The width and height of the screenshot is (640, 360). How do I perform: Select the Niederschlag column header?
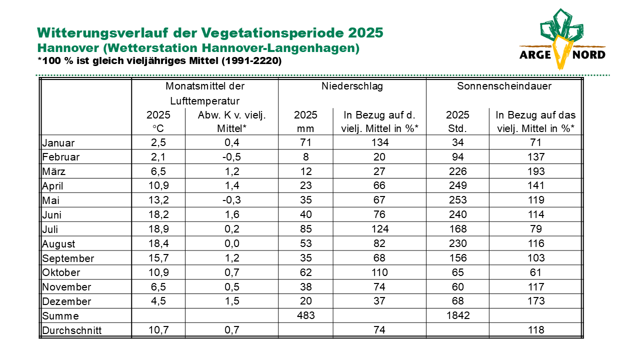click(x=352, y=86)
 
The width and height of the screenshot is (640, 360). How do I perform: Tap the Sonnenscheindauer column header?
click(x=504, y=86)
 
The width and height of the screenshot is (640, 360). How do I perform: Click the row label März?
click(x=53, y=171)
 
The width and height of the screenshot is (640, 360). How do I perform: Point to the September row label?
click(x=68, y=258)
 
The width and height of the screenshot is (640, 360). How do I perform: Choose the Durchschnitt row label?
click(x=71, y=330)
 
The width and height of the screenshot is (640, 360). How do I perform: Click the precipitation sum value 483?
click(x=305, y=315)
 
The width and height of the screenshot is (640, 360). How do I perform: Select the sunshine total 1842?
click(x=457, y=315)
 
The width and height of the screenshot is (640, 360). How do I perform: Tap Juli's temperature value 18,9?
click(x=158, y=229)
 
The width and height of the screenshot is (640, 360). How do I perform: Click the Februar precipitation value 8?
click(x=305, y=157)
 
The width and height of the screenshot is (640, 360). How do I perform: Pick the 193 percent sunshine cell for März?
click(x=536, y=171)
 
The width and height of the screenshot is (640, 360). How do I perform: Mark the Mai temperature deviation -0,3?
click(x=231, y=200)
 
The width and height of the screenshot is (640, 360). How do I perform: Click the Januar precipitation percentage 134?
click(x=379, y=142)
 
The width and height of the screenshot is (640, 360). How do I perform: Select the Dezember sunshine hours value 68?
click(x=457, y=301)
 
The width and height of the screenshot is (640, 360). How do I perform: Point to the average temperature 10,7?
click(x=158, y=330)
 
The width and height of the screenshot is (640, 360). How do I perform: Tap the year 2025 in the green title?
click(x=365, y=32)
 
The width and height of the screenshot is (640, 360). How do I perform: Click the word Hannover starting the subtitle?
click(x=68, y=48)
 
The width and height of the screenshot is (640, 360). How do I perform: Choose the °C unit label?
click(x=158, y=128)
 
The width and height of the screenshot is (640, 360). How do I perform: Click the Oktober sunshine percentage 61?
click(x=535, y=272)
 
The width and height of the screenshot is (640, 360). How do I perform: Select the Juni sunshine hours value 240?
click(x=457, y=214)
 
